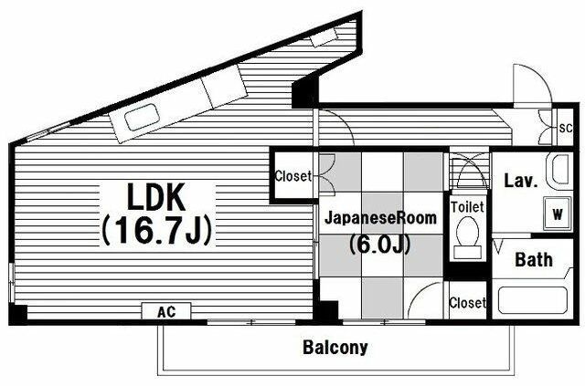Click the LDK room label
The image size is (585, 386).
[156, 197]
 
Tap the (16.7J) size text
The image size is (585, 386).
[157, 230]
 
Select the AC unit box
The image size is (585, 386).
[166, 311]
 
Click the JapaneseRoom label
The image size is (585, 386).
[380, 218]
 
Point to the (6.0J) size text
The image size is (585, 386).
[380, 244]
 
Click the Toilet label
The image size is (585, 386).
[467, 207]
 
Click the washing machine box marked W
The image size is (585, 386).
[558, 214]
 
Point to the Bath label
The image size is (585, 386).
[534, 259]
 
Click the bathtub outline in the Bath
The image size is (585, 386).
[532, 300]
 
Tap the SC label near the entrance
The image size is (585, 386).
[566, 128]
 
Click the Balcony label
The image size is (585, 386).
[335, 348]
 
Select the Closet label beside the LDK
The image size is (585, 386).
[292, 175]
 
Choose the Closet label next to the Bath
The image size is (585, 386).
[467, 303]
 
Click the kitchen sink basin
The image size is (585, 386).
[143, 117]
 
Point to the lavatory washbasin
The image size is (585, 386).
[558, 171]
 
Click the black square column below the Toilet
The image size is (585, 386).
[467, 271]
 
